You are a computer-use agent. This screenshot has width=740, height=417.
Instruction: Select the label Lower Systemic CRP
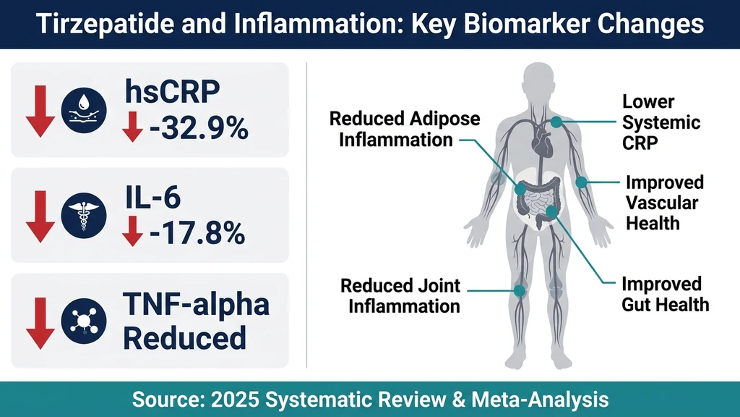pyautogui.click(x=651, y=121)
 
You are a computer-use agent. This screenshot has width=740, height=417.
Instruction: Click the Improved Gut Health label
pyautogui.click(x=665, y=293)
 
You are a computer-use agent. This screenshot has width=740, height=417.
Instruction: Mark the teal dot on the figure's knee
pyautogui.click(x=519, y=291)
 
